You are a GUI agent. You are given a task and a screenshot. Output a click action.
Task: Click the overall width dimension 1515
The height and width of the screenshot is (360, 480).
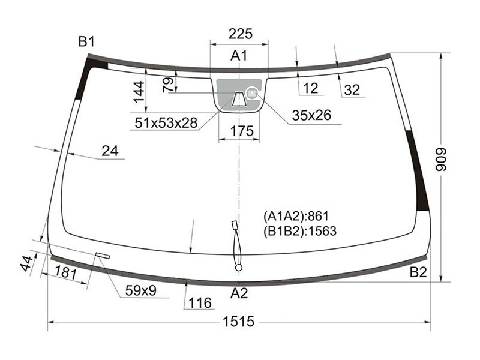coord(238,322)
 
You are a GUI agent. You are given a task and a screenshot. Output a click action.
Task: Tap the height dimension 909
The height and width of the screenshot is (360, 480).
coord(442,159)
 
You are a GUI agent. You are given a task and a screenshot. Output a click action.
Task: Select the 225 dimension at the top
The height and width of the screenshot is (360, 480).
coord(241,34)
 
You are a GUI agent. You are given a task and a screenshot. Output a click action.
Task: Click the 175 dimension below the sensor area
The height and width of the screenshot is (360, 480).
coord(242,131)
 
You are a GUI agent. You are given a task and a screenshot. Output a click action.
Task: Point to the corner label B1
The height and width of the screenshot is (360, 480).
coord(86,41)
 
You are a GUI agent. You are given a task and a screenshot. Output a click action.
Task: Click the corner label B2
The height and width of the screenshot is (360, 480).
coord(418,272)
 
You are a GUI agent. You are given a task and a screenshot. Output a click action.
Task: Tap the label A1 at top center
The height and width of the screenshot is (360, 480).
coord(239,56)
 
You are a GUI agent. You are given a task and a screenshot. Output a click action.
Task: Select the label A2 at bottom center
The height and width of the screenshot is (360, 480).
coord(239,293)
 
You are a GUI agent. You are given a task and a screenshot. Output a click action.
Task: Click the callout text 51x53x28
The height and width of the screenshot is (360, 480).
coord(166,123)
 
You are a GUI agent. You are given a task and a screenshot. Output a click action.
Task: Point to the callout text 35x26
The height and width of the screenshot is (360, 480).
coord(311,115)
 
